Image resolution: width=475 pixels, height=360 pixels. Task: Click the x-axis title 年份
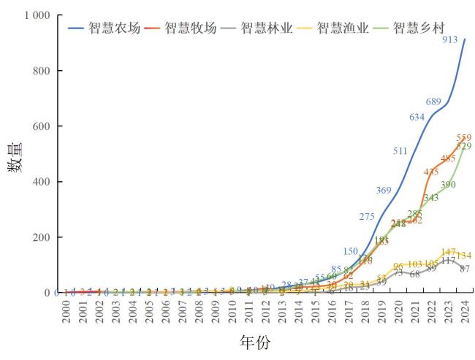point(255,342)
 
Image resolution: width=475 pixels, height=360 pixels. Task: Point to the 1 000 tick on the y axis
point(35,15)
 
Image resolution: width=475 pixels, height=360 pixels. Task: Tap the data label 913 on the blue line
point(451,40)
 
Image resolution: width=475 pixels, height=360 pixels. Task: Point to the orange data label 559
point(464,137)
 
